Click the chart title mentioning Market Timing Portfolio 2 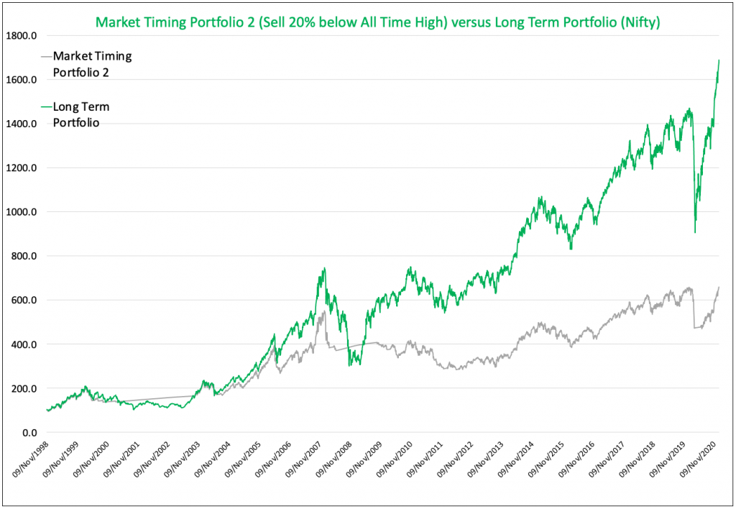tap(377, 23)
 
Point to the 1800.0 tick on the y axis tap(23, 35)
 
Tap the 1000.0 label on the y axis tap(23, 212)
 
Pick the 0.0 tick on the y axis tap(29, 433)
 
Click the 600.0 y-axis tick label tap(25, 301)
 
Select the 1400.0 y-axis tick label tap(23, 124)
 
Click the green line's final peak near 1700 tap(719, 60)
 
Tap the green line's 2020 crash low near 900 tap(694, 231)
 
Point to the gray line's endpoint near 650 tap(719, 288)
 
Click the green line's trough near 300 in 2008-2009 tap(349, 366)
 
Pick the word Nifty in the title tap(642, 23)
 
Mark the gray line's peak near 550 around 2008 tap(324, 311)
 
